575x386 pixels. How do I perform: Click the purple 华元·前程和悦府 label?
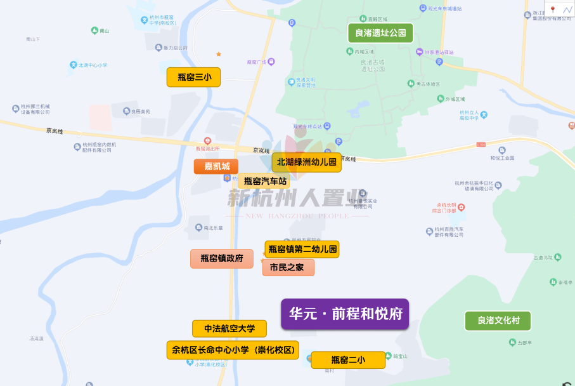pyautogui.click(x=345, y=314)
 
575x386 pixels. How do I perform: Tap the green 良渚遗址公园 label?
pyautogui.click(x=380, y=33)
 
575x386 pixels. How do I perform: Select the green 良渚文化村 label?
pyautogui.click(x=498, y=321)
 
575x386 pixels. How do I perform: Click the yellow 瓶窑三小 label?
pyautogui.click(x=193, y=77)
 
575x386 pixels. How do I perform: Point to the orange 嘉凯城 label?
pyautogui.click(x=216, y=166)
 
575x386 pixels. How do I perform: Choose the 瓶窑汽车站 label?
pyautogui.click(x=265, y=181)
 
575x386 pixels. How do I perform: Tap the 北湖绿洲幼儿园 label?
pyautogui.click(x=306, y=163)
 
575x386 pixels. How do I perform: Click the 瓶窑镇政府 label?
pyautogui.click(x=221, y=258)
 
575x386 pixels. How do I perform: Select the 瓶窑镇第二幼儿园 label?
pyautogui.click(x=302, y=249)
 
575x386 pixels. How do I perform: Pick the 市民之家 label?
pyautogui.click(x=288, y=267)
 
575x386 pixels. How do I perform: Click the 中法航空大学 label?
pyautogui.click(x=229, y=329)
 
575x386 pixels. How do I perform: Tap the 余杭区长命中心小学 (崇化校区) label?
pyautogui.click(x=232, y=350)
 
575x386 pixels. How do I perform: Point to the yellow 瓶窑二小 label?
pyautogui.click(x=347, y=360)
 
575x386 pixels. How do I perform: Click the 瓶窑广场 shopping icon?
pyautogui.click(x=271, y=62)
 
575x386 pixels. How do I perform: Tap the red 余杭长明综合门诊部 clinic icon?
pyautogui.click(x=462, y=207)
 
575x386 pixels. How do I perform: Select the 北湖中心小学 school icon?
pyautogui.click(x=74, y=65)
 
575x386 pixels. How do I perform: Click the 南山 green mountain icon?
pyautogui.click(x=94, y=30)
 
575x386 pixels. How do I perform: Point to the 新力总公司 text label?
pyautogui.click(x=176, y=48)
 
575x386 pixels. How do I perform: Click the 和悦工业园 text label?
pyautogui.click(x=502, y=158)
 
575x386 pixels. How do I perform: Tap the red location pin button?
pyautogui.click(x=552, y=10)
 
